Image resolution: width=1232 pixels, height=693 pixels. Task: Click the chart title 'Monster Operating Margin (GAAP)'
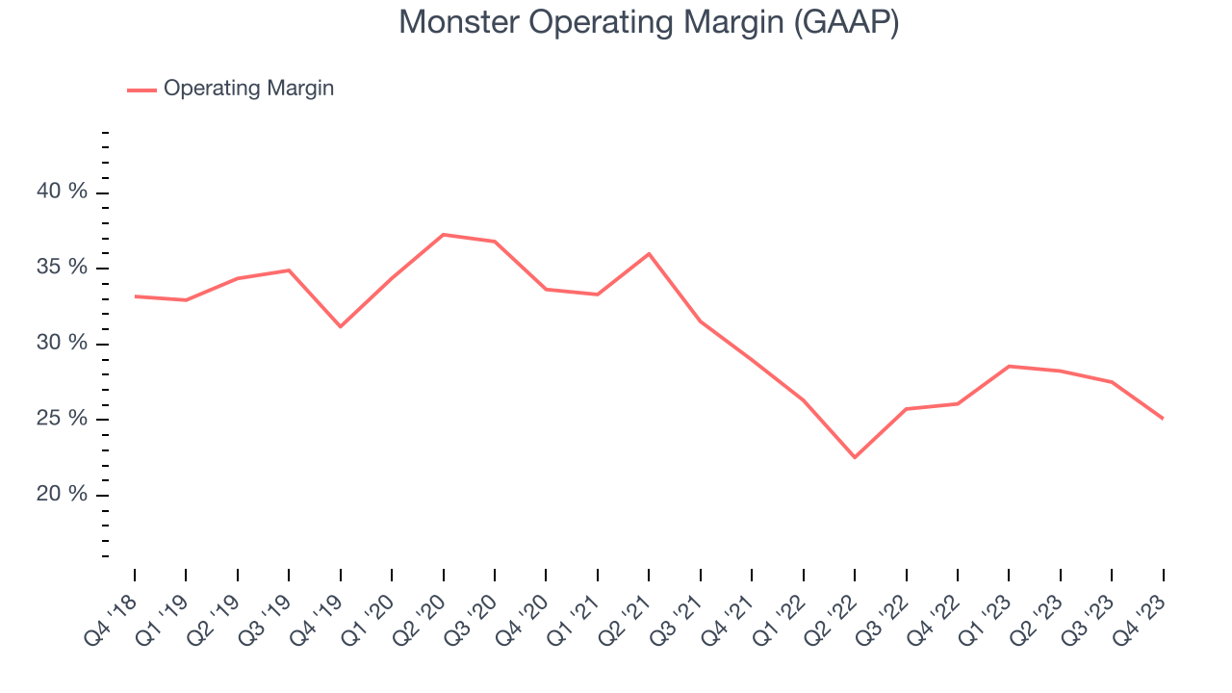pyautogui.click(x=649, y=22)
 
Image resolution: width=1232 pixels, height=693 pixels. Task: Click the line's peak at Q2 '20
pyautogui.click(x=443, y=235)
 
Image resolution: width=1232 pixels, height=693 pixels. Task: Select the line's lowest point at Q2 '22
pyautogui.click(x=855, y=457)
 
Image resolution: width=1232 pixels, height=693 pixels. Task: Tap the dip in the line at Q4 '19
pyautogui.click(x=340, y=326)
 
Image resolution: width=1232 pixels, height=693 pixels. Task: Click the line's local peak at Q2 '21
pyautogui.click(x=649, y=254)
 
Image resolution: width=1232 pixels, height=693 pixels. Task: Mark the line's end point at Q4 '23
pyautogui.click(x=1163, y=419)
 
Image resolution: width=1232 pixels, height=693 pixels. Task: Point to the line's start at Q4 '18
pyautogui.click(x=135, y=296)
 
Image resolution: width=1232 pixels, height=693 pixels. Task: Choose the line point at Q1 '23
pyautogui.click(x=1009, y=366)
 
